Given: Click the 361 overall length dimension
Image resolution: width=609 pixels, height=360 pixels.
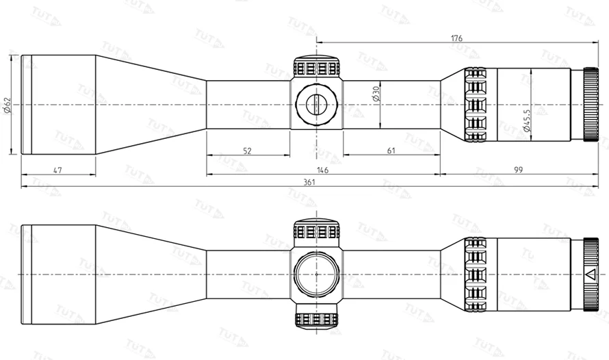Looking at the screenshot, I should [309, 182].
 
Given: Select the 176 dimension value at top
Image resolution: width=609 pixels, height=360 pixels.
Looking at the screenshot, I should [456, 38].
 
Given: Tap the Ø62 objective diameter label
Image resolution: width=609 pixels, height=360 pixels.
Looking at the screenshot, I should [8, 105].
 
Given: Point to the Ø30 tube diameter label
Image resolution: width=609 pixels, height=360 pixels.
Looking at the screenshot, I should [375, 94].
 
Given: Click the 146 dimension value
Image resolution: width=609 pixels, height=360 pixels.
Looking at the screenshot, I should [322, 170].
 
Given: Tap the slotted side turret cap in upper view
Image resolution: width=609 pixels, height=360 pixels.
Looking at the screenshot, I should [316, 105].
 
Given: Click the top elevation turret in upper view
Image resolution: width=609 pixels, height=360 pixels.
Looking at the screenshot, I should [316, 66].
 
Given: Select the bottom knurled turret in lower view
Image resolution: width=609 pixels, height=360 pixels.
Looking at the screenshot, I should [316, 319].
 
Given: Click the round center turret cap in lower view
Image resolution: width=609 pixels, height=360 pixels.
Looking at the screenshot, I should [316, 274].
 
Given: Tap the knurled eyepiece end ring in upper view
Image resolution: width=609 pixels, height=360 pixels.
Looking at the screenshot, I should [591, 105].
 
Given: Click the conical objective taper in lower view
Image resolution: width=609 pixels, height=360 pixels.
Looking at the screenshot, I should [151, 274].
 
